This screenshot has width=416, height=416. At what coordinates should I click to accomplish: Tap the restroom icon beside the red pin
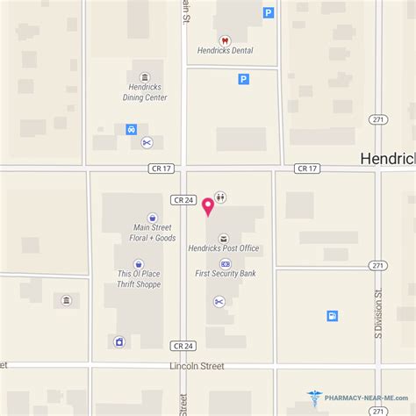tap(219, 198)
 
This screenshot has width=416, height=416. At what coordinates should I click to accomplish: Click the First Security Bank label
tap(226, 274)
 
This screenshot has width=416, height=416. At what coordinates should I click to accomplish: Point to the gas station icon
tap(333, 315)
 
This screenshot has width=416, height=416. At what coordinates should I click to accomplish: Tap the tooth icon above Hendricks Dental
tap(225, 39)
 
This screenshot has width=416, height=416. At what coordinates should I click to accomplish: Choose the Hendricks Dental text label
tap(225, 51)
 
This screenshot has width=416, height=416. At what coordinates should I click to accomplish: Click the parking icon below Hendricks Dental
tap(243, 79)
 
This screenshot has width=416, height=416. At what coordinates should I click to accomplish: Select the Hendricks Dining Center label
tap(145, 93)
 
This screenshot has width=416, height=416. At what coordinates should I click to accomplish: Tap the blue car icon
tap(131, 129)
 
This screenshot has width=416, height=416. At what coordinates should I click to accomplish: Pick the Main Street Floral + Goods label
tap(148, 233)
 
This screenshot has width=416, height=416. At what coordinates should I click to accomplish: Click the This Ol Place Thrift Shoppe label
tap(139, 279)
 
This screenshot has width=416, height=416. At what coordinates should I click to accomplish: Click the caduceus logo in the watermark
tap(315, 400)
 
